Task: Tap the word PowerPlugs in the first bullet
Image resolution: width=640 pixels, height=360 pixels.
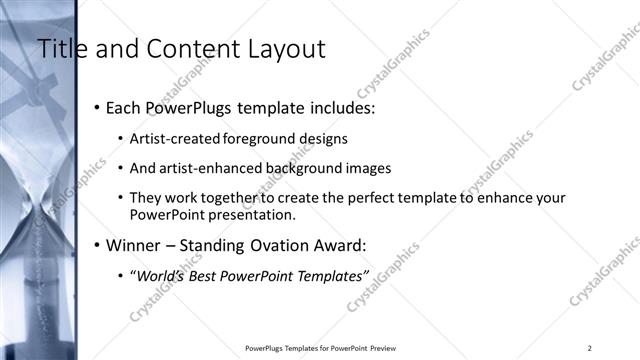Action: coord(185,108)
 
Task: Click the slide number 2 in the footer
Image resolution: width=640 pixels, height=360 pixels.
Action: coord(589,348)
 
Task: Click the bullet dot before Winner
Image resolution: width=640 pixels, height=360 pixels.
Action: coord(96,245)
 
